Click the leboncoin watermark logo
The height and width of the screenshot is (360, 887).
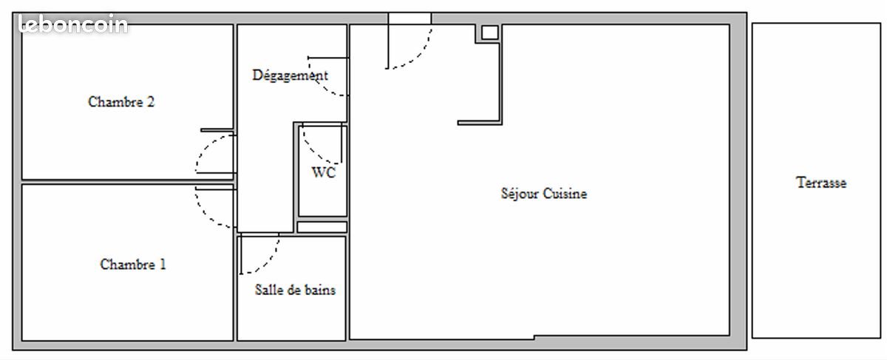click(72, 25)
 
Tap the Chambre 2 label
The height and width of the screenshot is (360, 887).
click(121, 102)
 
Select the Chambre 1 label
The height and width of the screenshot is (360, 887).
click(133, 264)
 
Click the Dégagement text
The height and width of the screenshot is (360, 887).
click(290, 75)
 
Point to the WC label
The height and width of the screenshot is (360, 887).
click(323, 173)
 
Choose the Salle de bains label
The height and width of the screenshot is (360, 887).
click(295, 290)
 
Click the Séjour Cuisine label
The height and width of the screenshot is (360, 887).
click(544, 194)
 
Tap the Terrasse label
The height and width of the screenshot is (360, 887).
click(821, 183)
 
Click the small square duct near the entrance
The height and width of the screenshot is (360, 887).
click(489, 33)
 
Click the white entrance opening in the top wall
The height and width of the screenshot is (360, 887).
click(409, 18)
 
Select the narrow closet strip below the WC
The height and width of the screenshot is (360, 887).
click(322, 227)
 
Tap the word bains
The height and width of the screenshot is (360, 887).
click(319, 290)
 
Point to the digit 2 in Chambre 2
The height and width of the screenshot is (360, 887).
click(150, 102)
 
